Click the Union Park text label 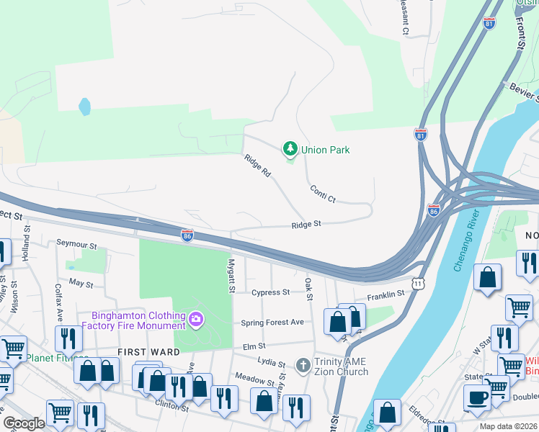click(325, 150)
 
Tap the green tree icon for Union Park click(290, 149)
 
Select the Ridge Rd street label click(257, 166)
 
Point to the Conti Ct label click(323, 194)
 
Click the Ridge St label click(306, 225)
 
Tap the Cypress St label click(270, 292)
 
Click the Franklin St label click(386, 294)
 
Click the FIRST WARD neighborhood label click(143, 351)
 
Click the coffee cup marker click(477, 397)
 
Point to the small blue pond click(85, 107)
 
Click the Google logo click(24, 423)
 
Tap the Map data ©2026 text click(507, 426)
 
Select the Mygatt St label click(232, 276)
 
